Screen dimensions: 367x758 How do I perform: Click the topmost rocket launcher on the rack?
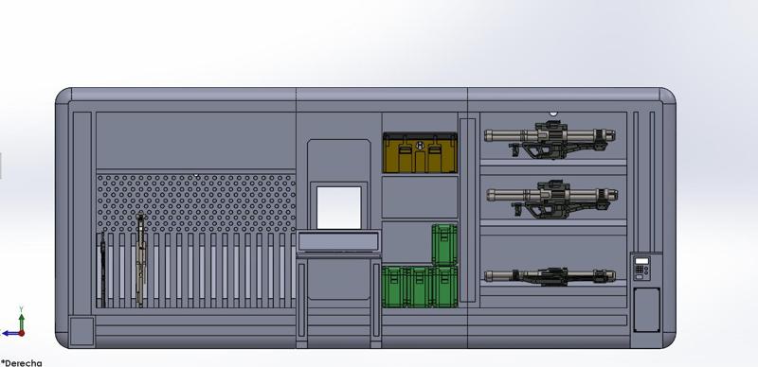(x=554, y=136)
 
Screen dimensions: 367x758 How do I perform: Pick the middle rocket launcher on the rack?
(x=554, y=196)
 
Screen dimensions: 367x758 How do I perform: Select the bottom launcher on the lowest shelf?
(x=554, y=276)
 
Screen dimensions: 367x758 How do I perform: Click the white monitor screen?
(x=338, y=207)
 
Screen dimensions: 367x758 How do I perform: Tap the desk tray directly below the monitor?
(x=339, y=243)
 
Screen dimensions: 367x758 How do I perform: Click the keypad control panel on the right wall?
(x=643, y=268)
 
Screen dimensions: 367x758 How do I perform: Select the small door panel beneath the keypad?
(x=646, y=308)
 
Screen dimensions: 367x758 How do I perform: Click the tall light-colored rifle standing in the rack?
(x=140, y=259)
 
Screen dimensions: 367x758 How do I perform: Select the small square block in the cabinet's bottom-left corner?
(x=82, y=330)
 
